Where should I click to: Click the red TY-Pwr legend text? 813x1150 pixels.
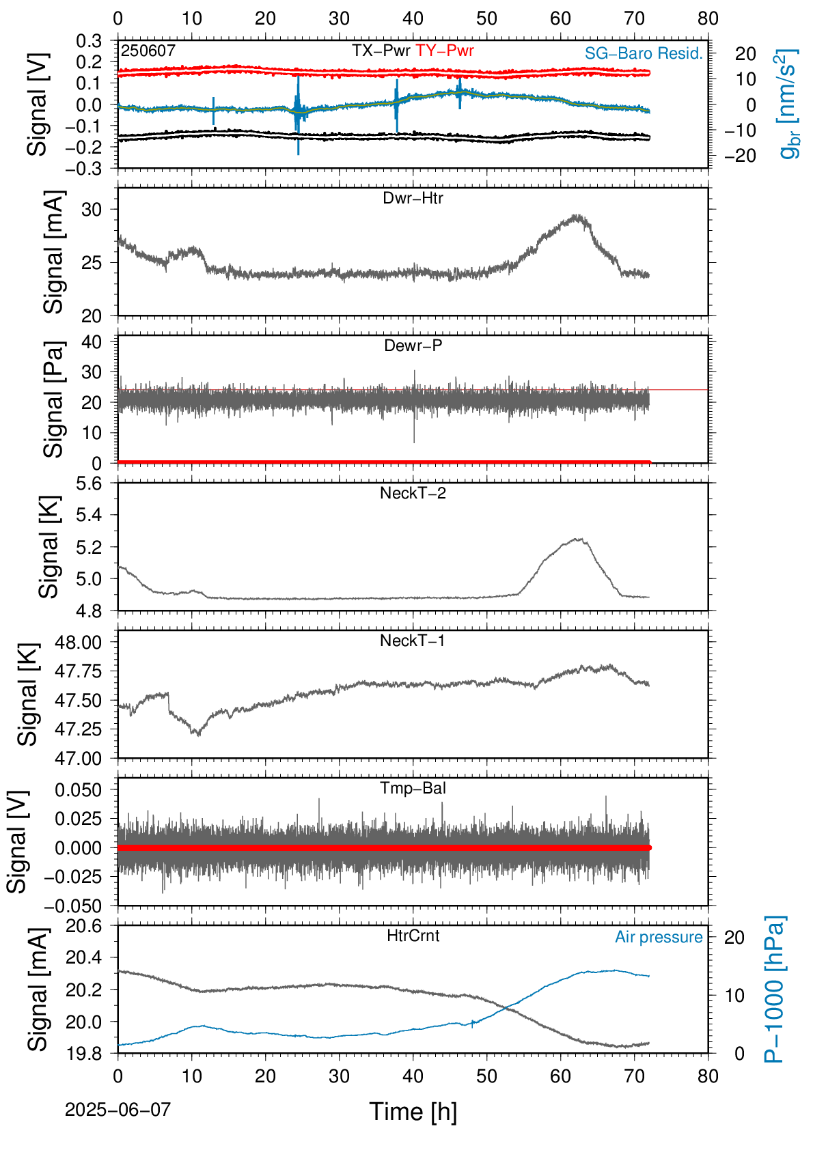[x=444, y=51]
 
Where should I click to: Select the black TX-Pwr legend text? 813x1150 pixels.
[x=381, y=51]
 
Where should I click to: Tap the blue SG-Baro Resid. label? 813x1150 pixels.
[x=644, y=53]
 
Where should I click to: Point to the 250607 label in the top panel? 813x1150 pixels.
[x=148, y=51]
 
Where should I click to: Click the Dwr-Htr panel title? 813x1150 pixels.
[x=413, y=198]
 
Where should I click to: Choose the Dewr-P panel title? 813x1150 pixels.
[x=413, y=346]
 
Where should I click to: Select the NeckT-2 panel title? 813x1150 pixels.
[x=413, y=493]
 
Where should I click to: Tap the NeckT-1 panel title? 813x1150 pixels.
[x=413, y=640]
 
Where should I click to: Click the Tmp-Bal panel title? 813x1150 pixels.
[x=413, y=788]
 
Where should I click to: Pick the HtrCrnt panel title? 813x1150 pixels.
[x=413, y=936]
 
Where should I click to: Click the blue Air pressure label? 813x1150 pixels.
[x=659, y=938]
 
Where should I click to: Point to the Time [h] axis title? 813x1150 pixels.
[x=413, y=1112]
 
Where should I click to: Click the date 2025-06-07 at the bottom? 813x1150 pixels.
[x=118, y=1110]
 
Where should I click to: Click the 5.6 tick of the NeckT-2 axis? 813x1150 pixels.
[x=89, y=483]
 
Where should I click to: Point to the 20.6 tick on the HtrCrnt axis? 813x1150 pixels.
[x=84, y=926]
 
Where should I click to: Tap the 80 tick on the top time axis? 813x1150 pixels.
[x=708, y=18]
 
